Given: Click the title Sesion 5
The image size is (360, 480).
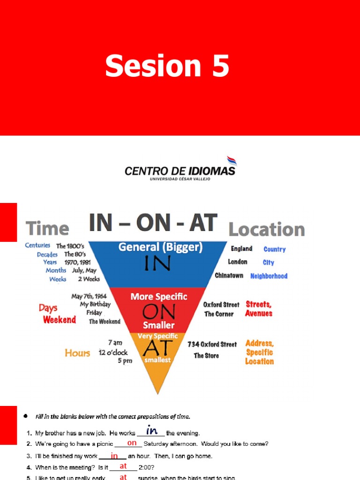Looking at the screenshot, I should pos(167,66).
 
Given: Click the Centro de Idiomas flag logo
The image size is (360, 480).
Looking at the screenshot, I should pos(232,161).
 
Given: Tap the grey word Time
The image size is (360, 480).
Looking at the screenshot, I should pos(47,229).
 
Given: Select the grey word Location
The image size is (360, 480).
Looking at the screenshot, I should pos(266,230).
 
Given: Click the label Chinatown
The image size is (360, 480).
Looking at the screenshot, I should pos(229,276).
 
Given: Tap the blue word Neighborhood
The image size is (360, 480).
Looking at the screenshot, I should pos(269,276).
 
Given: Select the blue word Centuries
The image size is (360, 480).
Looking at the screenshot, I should pos(37,245).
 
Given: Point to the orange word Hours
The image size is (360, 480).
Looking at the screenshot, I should pos(77,353).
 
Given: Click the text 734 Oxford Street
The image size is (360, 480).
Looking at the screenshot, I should pos(212,344).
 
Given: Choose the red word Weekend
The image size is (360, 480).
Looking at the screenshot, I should pos(60,320).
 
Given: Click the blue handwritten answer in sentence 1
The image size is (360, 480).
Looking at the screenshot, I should pos(151,431).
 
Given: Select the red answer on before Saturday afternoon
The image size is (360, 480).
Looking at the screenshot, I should pos(132,443).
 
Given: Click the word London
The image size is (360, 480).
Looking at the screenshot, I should pos(238,262).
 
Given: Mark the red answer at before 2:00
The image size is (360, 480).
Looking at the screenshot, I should pos(123,466).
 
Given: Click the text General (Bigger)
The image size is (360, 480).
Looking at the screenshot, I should pos(160,247).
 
